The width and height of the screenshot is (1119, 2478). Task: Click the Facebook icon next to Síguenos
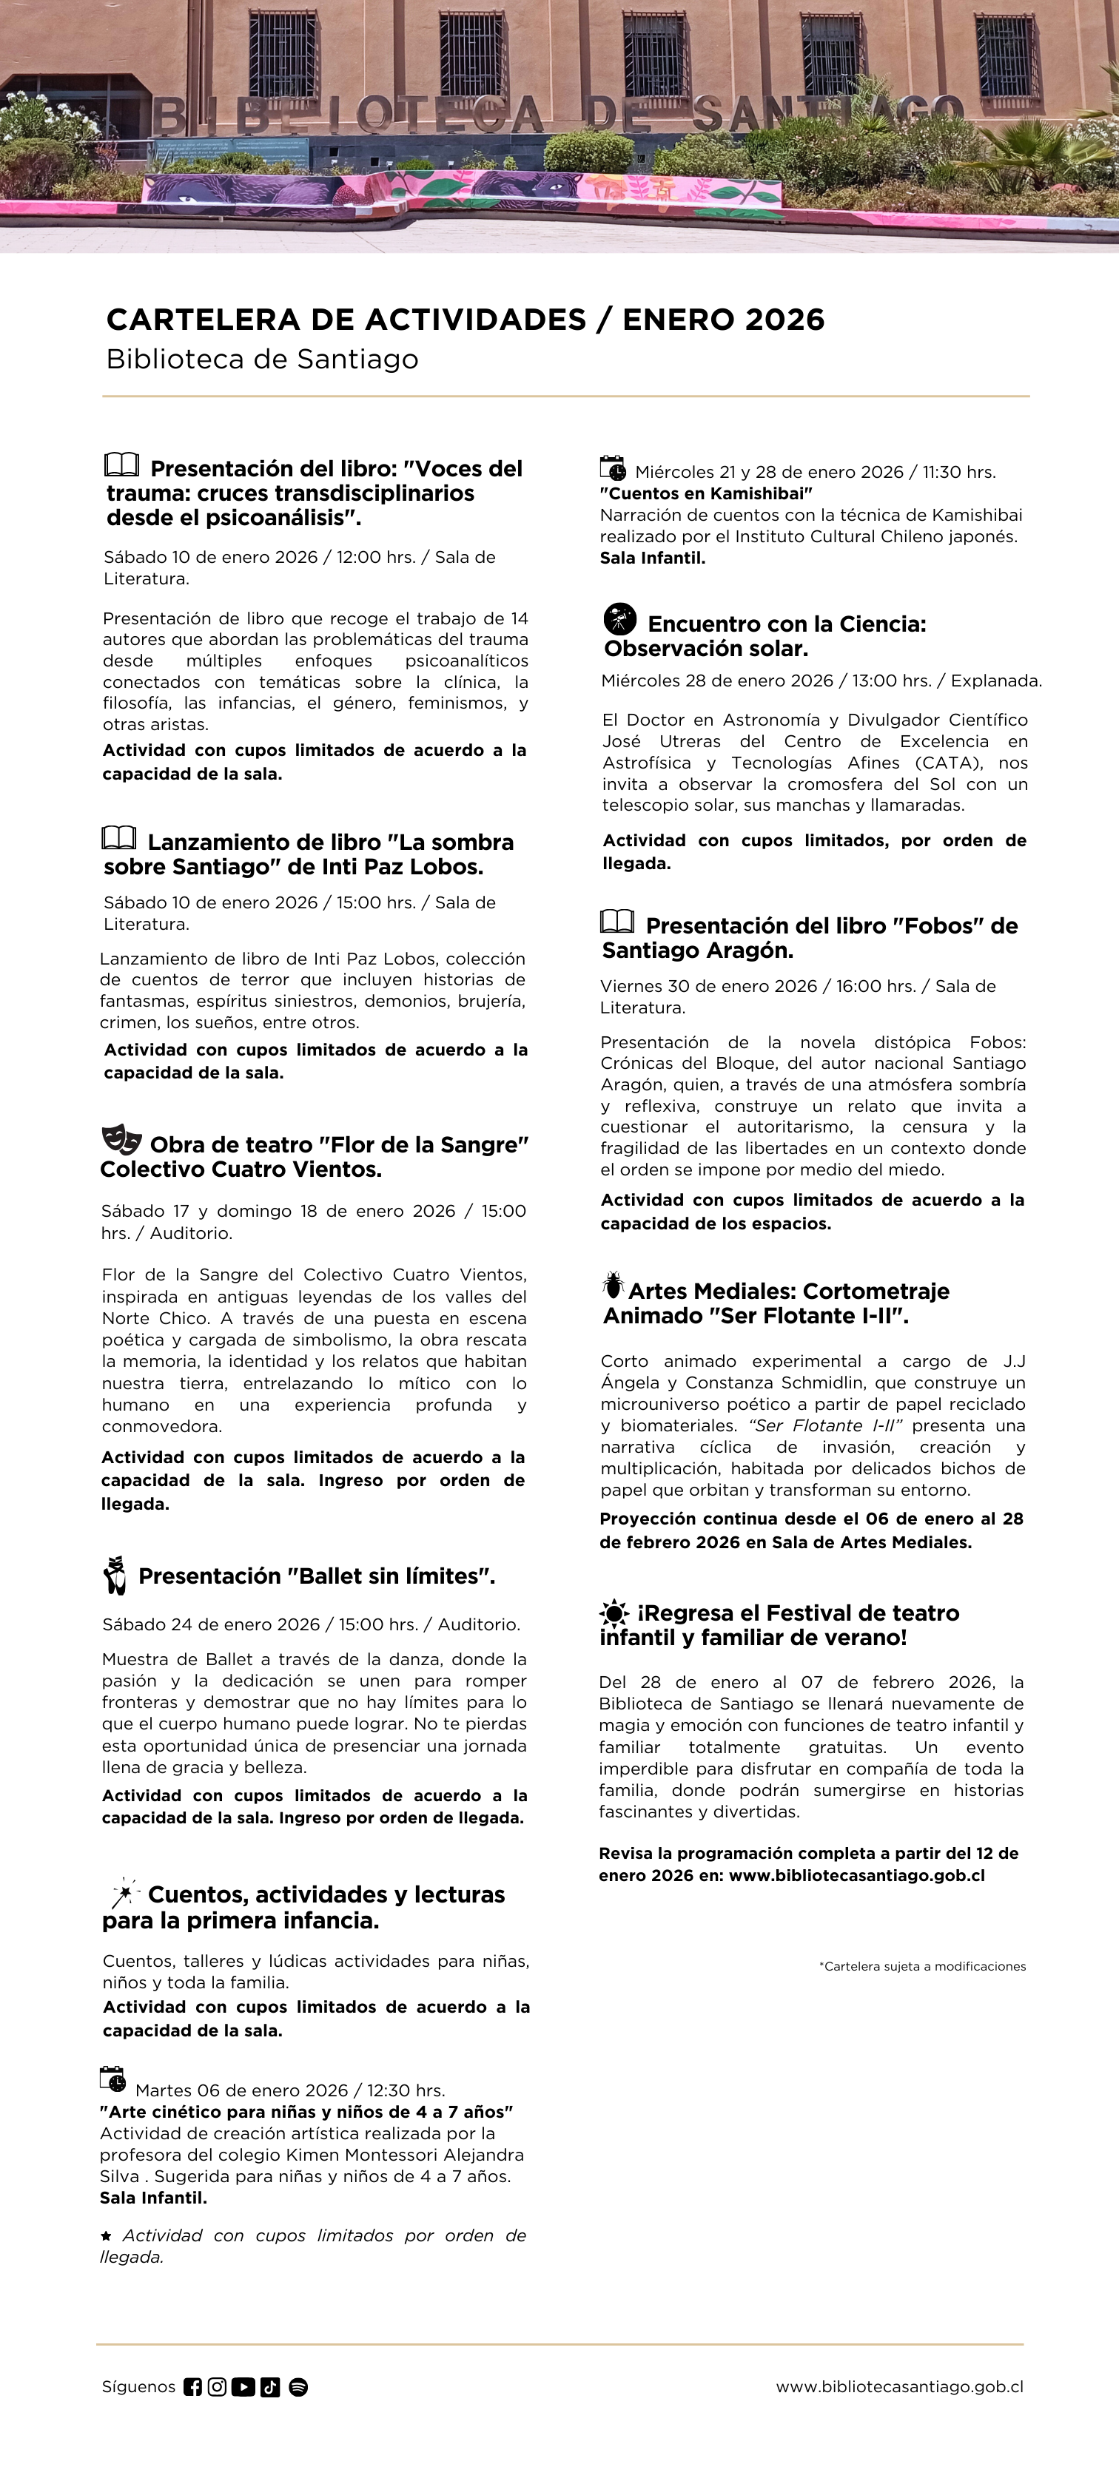(192, 2386)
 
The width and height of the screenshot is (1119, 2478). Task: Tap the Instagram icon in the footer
(218, 2386)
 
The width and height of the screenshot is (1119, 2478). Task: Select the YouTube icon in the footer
(243, 2386)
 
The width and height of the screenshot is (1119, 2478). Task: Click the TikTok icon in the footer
(270, 2386)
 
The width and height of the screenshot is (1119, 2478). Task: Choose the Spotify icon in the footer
(298, 2386)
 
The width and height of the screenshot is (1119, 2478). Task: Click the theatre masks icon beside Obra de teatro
(121, 1140)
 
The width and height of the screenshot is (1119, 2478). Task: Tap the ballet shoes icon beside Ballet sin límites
(115, 1575)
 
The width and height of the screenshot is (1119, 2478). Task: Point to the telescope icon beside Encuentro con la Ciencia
(619, 618)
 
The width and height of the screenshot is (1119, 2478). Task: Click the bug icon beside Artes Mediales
(612, 1284)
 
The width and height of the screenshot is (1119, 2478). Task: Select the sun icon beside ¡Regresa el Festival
(613, 1613)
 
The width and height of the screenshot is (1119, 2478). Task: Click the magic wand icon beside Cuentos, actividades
(124, 1892)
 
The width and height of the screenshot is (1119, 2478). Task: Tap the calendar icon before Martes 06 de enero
(112, 2079)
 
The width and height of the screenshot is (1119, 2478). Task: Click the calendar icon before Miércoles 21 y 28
(613, 468)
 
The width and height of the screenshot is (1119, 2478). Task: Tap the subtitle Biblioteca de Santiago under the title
(262, 359)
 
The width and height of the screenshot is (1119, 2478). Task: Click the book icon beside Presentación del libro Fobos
(616, 921)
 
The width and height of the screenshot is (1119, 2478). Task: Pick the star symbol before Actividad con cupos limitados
(106, 2235)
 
